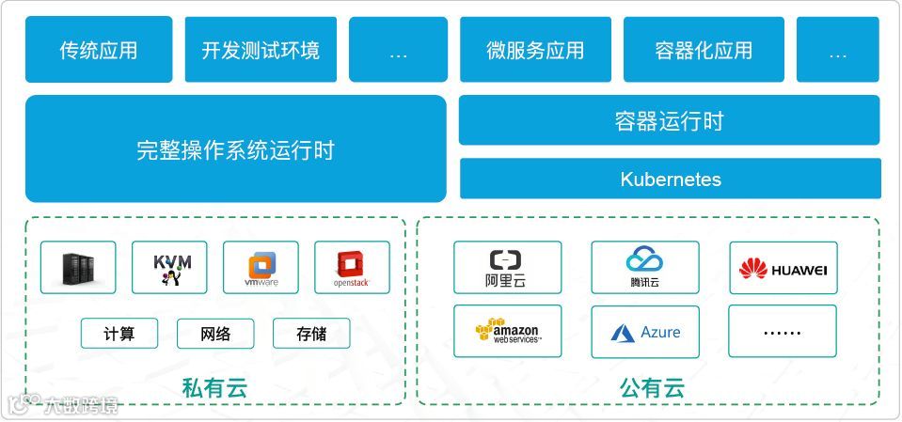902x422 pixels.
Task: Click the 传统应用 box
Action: coord(99,50)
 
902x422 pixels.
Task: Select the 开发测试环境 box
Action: coord(261,50)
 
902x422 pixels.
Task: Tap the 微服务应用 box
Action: coord(535,50)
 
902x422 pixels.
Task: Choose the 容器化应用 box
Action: coord(704,50)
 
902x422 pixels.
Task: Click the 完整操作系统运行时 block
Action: coord(235,149)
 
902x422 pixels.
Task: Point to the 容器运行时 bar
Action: coord(669,120)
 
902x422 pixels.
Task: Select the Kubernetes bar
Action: coord(670,179)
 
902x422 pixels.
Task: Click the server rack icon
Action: coord(78,268)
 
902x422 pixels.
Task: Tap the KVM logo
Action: coord(169,268)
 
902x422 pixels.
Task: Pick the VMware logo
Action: coord(261,268)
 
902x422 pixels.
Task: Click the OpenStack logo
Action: coord(352,268)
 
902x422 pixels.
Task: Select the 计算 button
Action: coord(119,334)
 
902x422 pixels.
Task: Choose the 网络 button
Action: coord(215,334)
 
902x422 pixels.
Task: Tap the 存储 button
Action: coord(311,334)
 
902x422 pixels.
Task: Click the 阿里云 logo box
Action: coord(507,268)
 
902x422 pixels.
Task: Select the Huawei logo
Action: coord(783,268)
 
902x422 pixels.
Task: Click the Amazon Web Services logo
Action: coord(507,332)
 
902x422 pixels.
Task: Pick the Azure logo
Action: coord(645,332)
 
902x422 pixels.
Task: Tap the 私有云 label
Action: coord(214,387)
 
